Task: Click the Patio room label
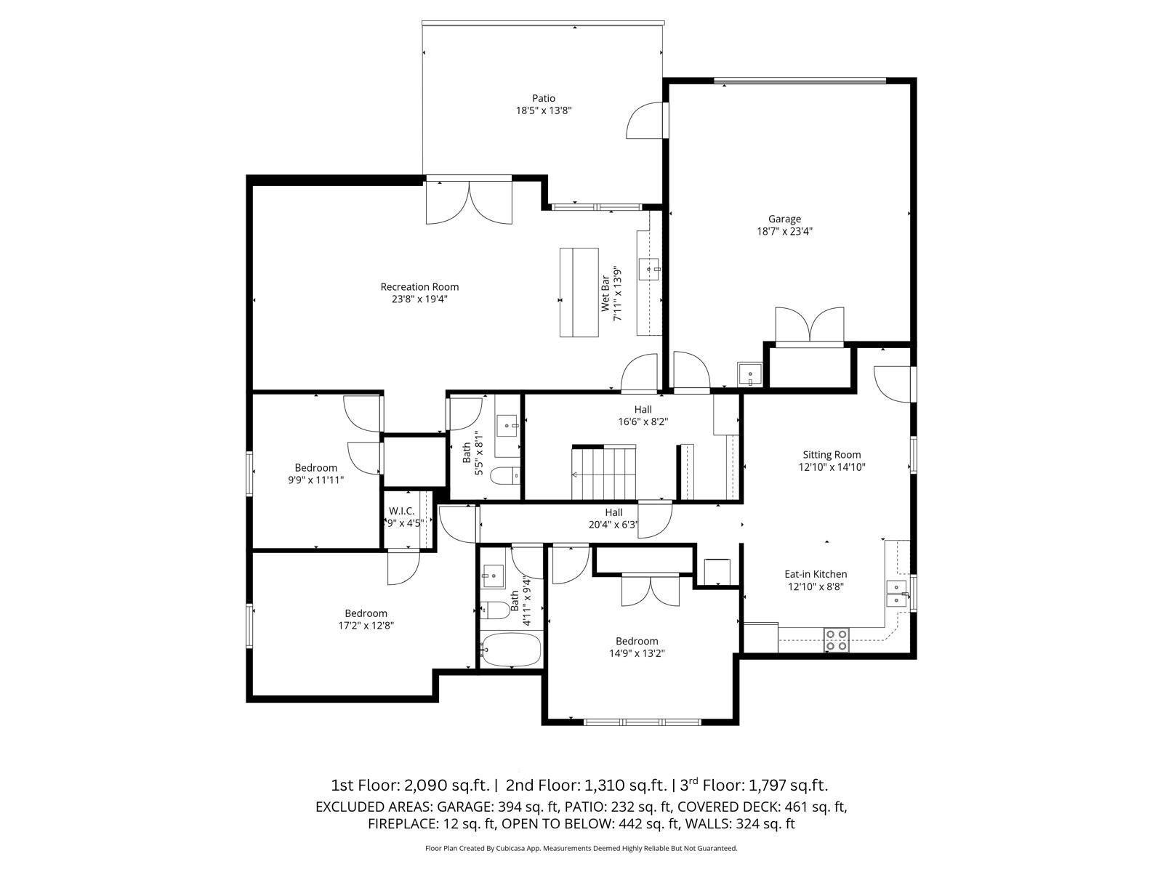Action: tap(543, 98)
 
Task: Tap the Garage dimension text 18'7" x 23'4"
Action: tap(784, 232)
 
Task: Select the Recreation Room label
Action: tap(419, 286)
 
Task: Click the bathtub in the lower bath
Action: tap(511, 649)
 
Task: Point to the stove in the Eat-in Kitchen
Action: tap(836, 640)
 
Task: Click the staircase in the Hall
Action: tap(603, 473)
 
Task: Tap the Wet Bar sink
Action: tap(648, 269)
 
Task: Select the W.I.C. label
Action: tap(401, 511)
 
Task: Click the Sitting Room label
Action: tap(832, 455)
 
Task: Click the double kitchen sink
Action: tap(896, 593)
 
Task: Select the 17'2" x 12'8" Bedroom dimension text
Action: tap(366, 626)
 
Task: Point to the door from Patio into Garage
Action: tap(647, 120)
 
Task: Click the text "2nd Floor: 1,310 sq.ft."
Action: tap(586, 785)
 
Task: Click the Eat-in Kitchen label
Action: tap(816, 574)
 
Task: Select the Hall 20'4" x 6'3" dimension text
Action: tap(613, 525)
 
